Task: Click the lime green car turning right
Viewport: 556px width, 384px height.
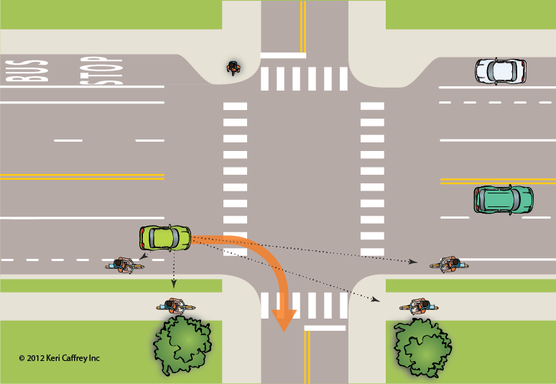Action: coord(165,238)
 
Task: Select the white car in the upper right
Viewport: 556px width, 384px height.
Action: coord(501,71)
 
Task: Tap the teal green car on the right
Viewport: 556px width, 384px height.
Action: coord(504,199)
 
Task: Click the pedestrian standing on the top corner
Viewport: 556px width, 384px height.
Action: coord(233,68)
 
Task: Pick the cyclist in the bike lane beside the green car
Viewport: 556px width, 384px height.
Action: coord(124,265)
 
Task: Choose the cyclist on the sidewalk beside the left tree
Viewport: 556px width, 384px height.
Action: coord(175,306)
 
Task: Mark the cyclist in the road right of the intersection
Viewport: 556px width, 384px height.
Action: coord(449,265)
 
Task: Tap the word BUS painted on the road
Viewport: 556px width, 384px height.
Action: coord(27,71)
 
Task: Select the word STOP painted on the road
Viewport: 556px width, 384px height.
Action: coord(101,70)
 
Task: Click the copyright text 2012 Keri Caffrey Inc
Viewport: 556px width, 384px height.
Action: coord(59,358)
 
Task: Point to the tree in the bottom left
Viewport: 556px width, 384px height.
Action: coord(182,345)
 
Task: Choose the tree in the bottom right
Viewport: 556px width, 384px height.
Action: coord(422,347)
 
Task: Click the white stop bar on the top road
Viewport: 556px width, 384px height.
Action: coord(283,55)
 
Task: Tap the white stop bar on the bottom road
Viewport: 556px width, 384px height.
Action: coord(325,328)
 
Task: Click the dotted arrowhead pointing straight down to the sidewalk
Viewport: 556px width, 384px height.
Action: coord(173,283)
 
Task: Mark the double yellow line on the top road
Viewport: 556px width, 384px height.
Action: coord(303,27)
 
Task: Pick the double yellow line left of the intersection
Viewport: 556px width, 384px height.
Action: coord(83,177)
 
